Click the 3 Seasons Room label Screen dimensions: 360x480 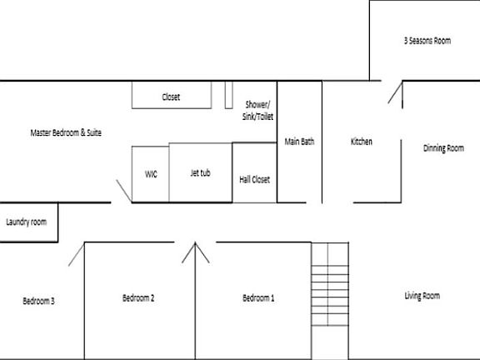[x=427, y=40]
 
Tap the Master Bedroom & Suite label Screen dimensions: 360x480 [x=66, y=132]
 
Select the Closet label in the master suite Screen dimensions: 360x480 [x=171, y=97]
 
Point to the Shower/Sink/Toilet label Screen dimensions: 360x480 [x=258, y=111]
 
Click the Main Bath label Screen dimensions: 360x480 [x=299, y=142]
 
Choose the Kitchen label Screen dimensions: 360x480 [x=361, y=142]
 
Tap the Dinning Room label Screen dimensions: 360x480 [x=443, y=148]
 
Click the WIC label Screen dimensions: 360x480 [x=151, y=174]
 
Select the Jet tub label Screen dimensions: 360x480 [x=200, y=173]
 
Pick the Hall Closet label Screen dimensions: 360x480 [x=254, y=179]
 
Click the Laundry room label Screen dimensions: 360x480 [x=26, y=222]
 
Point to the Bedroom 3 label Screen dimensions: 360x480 [x=38, y=301]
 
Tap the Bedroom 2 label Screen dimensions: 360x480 [x=138, y=298]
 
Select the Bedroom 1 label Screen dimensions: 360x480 [x=258, y=298]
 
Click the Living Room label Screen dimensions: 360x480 [x=422, y=296]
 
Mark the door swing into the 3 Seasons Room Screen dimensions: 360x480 [x=394, y=93]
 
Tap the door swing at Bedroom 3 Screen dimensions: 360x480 [x=76, y=253]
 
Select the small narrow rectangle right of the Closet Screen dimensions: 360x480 [x=227, y=95]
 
